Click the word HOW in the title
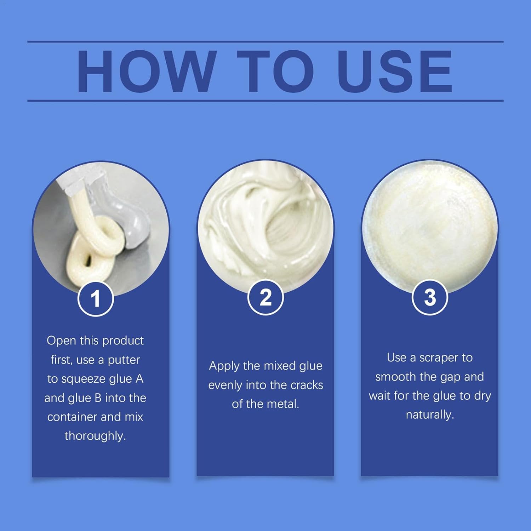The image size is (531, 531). pos(147,72)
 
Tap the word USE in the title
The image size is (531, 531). pos(395,72)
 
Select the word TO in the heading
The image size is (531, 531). pos(276,72)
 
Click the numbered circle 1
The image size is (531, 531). pos(96,298)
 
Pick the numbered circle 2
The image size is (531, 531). pos(265,297)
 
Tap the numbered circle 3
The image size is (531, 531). pos(430,297)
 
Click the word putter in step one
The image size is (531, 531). pos(124,360)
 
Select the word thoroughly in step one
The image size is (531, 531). pos(95,436)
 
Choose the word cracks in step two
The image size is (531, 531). pos(307,385)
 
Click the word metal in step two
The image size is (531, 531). pos(284,404)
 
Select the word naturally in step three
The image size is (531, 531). pos(430,415)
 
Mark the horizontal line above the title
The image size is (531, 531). pos(265,41)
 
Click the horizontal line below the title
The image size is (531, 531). pos(265,101)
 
